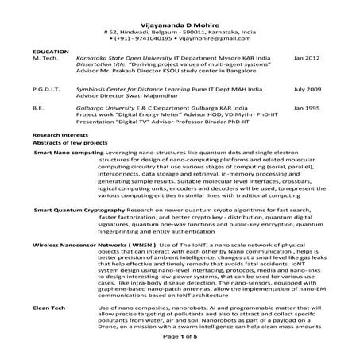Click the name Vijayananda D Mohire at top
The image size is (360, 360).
(x=179, y=6)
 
